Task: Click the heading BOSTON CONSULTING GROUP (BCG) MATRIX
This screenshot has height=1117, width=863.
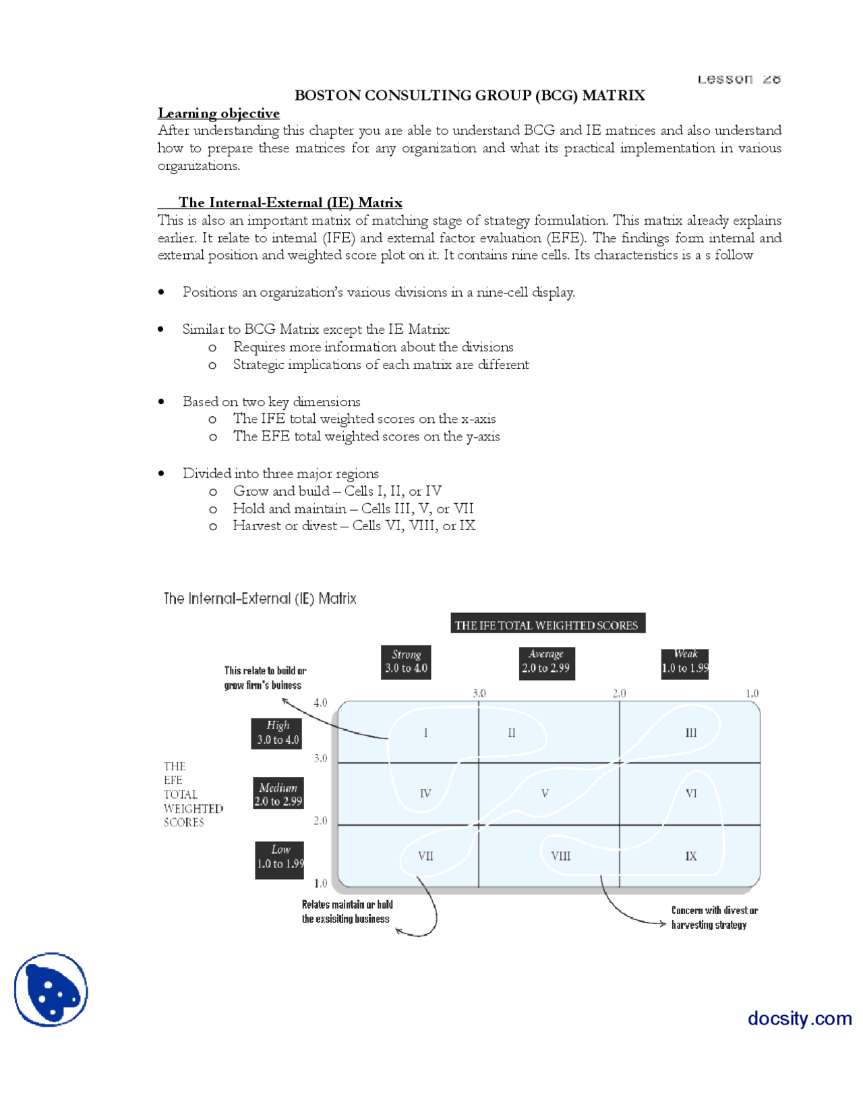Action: click(469, 95)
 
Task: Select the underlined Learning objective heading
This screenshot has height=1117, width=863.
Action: click(218, 113)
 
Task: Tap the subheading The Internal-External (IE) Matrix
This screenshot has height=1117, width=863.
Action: click(290, 202)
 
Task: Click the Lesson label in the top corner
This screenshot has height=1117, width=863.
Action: click(738, 80)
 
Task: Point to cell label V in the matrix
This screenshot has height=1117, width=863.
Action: click(545, 794)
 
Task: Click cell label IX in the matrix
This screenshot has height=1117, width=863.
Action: click(691, 856)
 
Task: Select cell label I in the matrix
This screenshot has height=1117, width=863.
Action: click(425, 733)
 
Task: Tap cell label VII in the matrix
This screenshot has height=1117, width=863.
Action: click(425, 856)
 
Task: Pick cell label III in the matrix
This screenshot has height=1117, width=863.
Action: click(691, 733)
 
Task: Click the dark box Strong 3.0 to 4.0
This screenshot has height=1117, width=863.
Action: click(406, 662)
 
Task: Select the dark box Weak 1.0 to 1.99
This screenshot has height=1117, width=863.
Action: click(685, 662)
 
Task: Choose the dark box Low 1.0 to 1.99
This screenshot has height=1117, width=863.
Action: click(280, 857)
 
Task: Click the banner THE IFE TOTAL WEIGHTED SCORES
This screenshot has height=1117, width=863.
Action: click(547, 625)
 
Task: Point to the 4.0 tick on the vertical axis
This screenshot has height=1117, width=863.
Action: click(320, 703)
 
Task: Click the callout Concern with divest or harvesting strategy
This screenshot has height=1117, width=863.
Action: click(714, 917)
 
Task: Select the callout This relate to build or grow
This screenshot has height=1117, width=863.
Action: click(264, 678)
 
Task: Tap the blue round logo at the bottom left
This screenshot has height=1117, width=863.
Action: click(51, 990)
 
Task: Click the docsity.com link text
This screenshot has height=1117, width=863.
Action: click(799, 1018)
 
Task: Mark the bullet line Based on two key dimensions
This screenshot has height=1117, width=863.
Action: click(271, 401)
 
